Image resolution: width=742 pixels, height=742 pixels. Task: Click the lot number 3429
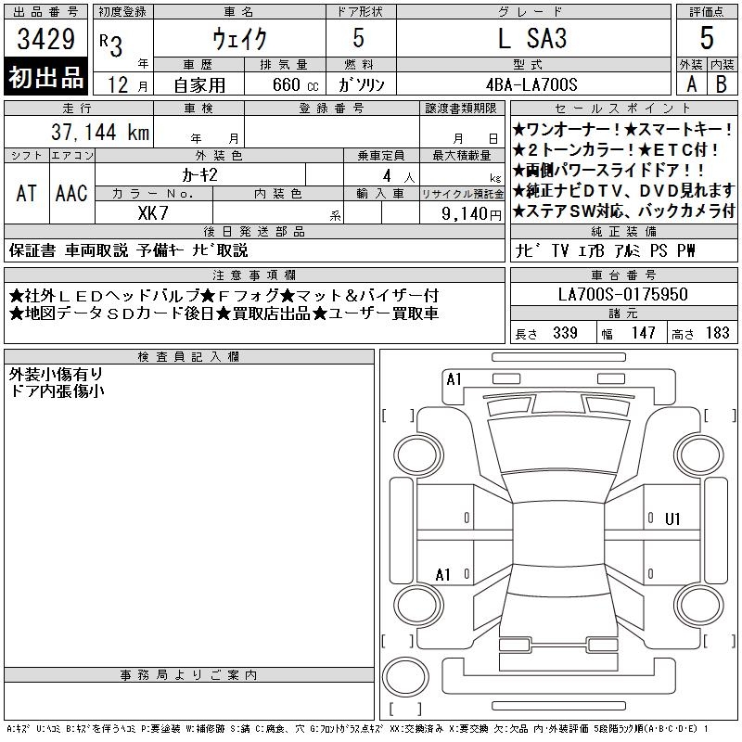coord(45,39)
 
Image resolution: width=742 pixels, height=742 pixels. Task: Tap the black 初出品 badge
coord(45,77)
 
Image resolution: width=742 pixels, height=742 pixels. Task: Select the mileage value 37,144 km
coord(100,132)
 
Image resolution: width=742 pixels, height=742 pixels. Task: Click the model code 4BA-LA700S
coord(531,84)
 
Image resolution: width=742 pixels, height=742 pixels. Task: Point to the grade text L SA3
coord(532,38)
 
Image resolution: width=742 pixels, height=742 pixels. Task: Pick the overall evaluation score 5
coord(707,38)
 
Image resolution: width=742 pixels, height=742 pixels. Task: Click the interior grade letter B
coord(722,84)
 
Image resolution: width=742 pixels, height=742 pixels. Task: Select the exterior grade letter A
coord(691,84)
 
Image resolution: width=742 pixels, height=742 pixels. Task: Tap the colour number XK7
coord(153,213)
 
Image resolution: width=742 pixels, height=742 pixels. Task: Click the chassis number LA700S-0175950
coord(622,294)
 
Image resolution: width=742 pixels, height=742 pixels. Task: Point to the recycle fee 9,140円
coord(471,214)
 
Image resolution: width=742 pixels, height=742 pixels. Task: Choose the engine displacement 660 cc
coord(295,84)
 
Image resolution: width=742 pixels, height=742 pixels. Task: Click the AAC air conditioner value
coord(71,193)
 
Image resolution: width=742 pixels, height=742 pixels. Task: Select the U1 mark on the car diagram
coord(672,519)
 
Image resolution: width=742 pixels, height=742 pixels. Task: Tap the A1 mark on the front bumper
coord(454,379)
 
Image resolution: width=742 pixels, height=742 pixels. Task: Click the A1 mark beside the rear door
coord(442,575)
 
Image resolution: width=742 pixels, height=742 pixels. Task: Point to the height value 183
coord(717,333)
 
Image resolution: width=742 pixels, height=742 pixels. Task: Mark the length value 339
coord(565,333)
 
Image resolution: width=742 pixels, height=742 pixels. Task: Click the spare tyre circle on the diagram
coord(405,677)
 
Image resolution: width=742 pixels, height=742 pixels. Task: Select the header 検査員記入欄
coord(188,357)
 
